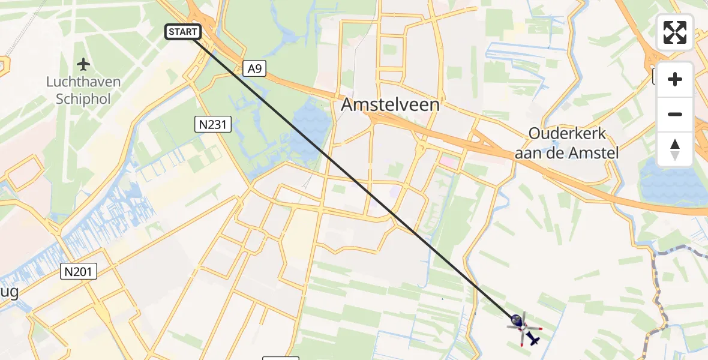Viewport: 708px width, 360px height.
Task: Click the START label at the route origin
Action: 183,32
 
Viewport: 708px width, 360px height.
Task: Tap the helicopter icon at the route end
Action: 523,328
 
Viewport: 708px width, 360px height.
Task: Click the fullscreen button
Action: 675,32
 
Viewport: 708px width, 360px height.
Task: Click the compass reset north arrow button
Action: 675,149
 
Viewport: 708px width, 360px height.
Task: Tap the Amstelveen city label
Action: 390,105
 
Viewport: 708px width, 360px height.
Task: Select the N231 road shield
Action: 213,125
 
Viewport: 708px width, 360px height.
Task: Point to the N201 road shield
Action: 79,272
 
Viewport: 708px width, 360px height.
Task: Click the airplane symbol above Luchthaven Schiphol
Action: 83,64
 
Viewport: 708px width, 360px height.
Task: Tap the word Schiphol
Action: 83,99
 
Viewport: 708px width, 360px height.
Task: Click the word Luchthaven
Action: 83,82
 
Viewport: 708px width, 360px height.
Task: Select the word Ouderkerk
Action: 567,134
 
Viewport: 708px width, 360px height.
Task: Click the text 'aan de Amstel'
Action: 567,153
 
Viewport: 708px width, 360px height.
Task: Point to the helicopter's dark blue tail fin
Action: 533,340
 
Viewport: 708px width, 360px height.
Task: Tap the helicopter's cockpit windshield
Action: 516,322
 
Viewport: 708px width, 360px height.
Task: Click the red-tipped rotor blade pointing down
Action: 521,343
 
